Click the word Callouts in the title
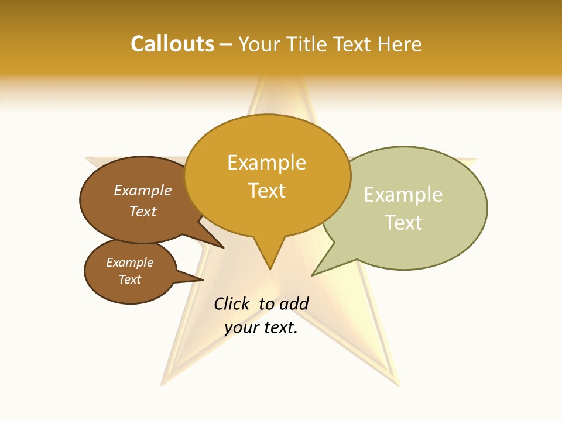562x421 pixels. click(172, 44)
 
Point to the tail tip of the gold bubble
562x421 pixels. click(270, 267)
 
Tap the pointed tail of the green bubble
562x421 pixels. click(314, 274)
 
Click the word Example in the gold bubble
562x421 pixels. click(266, 163)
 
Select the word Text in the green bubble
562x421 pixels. click(403, 223)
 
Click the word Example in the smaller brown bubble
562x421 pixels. click(129, 263)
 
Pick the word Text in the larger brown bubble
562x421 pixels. click(142, 211)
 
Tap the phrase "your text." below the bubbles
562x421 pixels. click(261, 327)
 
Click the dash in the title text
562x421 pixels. click(227, 44)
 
